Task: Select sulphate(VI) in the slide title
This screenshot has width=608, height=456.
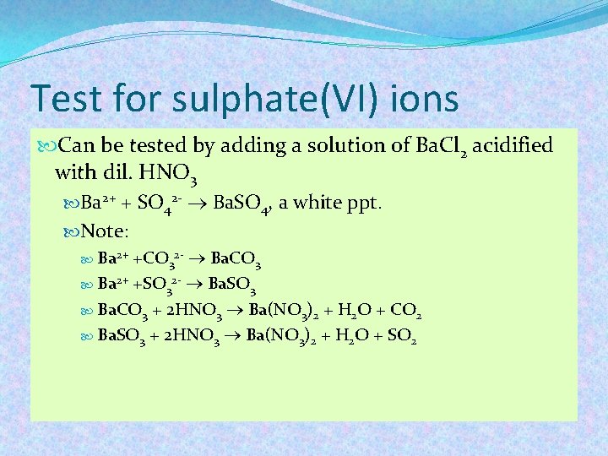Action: coord(245,99)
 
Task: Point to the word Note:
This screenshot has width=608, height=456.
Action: coord(109,231)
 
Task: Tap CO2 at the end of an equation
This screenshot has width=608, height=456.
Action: coord(406,312)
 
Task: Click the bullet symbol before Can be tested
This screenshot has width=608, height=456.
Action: coord(47,146)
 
